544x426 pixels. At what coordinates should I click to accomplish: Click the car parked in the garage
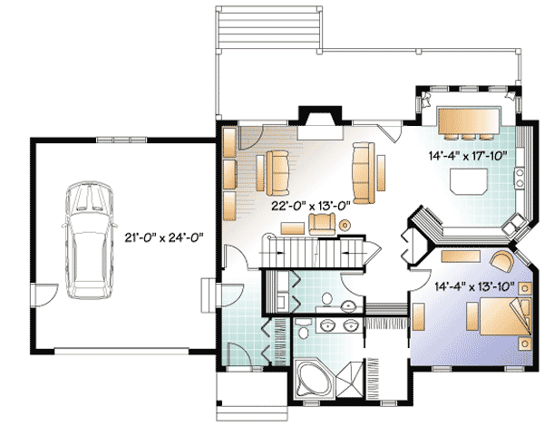point(90,239)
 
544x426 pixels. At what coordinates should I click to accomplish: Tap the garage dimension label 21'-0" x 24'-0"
point(164,237)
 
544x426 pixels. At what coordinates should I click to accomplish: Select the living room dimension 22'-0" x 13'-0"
point(310,207)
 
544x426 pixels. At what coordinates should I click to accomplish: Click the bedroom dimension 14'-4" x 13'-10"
point(474,286)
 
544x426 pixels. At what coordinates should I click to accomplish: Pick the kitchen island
point(469,180)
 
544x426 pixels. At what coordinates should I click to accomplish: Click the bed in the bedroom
point(505,316)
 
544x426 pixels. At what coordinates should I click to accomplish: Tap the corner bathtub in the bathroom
point(314,380)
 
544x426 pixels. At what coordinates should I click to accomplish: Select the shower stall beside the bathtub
point(350,379)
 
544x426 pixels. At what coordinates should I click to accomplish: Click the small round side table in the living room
point(345,226)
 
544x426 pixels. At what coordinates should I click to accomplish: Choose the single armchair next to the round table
point(322,224)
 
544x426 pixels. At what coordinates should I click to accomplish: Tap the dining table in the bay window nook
point(469,121)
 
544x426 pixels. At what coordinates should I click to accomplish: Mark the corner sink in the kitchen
point(515,224)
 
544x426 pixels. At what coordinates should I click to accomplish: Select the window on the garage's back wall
point(121,140)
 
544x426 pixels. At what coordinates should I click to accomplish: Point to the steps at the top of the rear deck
point(269,28)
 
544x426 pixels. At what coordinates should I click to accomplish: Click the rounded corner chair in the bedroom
point(501,262)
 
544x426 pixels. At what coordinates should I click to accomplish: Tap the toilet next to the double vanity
point(303,330)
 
